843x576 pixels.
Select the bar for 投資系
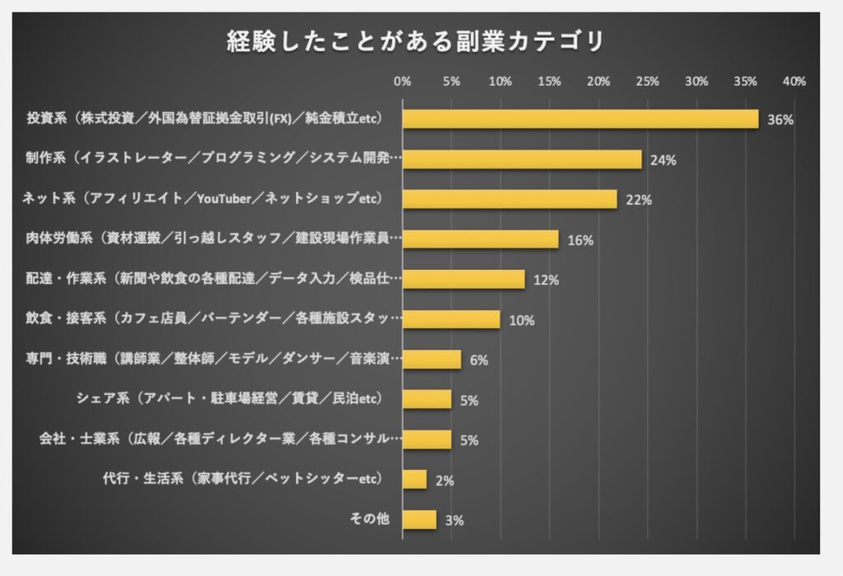(x=580, y=118)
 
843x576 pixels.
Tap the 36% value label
(x=780, y=119)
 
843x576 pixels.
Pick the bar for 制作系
(x=522, y=159)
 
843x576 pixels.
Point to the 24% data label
(x=663, y=160)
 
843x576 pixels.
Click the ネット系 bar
(x=510, y=199)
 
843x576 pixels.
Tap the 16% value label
(x=580, y=240)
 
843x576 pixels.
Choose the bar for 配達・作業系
(x=463, y=280)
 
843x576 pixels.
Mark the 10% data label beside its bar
(x=522, y=320)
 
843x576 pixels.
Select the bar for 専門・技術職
(x=431, y=360)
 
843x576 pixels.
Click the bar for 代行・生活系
(x=414, y=479)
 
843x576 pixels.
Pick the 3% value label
(x=454, y=520)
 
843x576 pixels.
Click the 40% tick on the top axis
(x=794, y=81)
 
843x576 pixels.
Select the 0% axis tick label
(x=403, y=81)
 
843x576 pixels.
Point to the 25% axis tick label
(x=648, y=81)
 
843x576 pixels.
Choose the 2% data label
(x=444, y=480)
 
